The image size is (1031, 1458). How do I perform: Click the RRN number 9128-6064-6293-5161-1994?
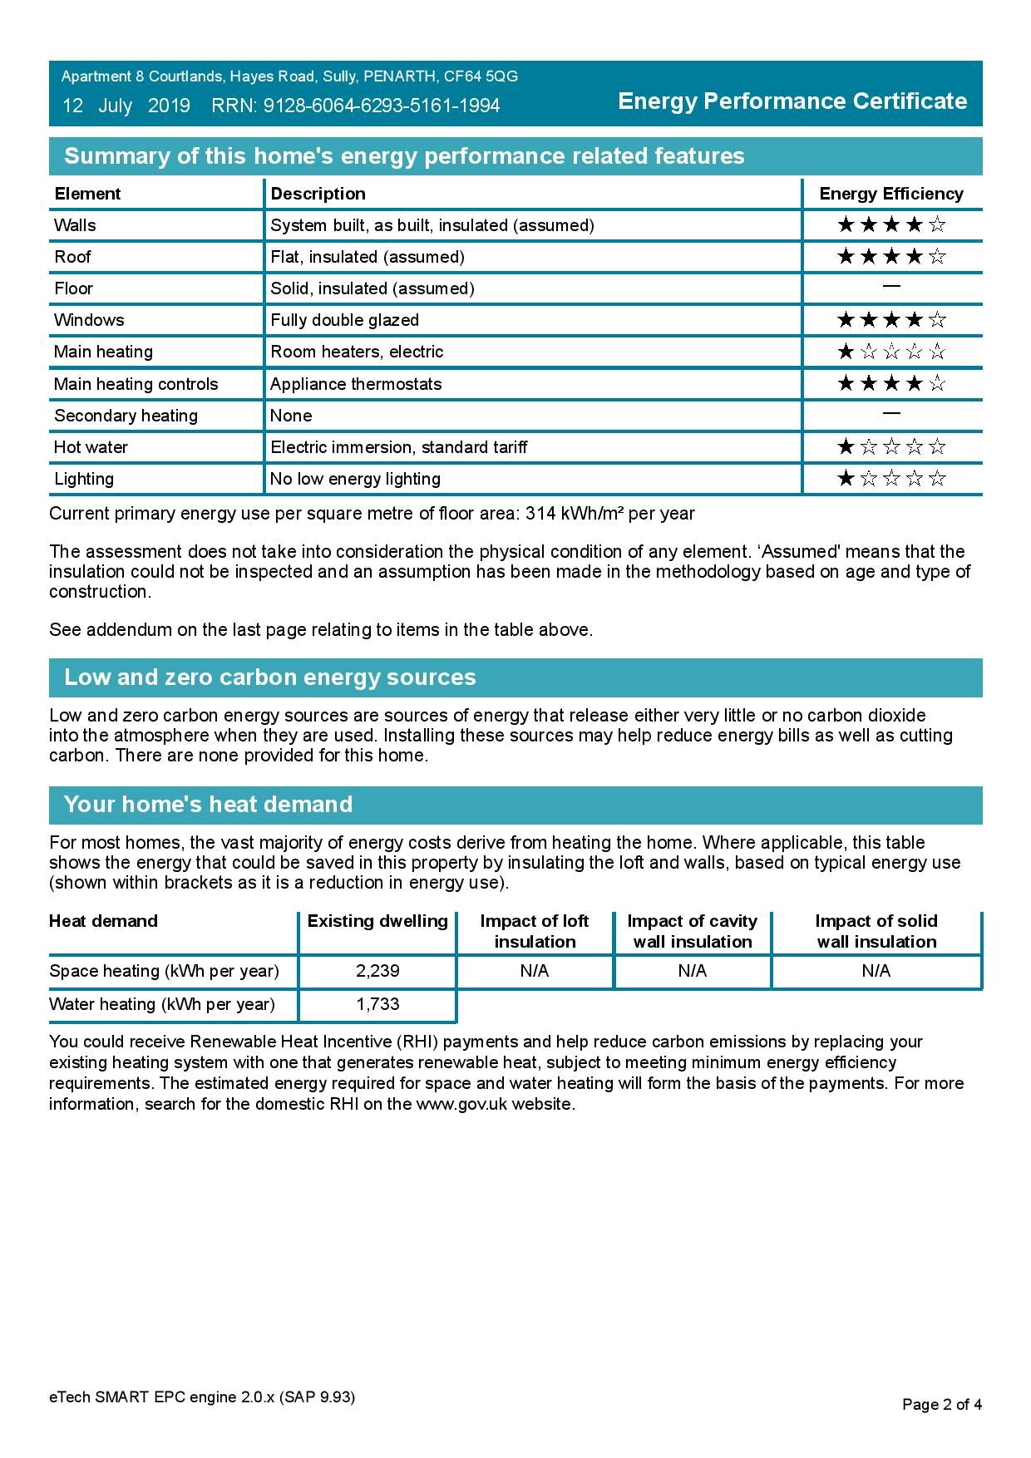click(382, 106)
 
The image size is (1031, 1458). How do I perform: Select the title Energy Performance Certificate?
click(792, 101)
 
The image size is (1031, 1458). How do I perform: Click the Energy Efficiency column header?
click(891, 194)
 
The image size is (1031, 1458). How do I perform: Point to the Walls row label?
click(75, 225)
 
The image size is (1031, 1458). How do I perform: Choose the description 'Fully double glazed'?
click(345, 320)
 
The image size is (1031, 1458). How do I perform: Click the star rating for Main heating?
click(891, 352)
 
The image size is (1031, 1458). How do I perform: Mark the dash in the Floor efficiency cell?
click(891, 287)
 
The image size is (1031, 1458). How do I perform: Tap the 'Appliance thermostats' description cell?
click(356, 384)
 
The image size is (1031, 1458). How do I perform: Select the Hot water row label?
click(91, 447)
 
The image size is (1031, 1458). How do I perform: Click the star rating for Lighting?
click(891, 479)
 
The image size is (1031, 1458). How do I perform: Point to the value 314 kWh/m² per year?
click(610, 514)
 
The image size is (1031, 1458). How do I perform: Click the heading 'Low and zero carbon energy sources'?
click(270, 677)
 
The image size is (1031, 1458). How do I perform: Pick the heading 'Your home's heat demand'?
click(208, 805)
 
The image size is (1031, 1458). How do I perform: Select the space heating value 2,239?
click(377, 971)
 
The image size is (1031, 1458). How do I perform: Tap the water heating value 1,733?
click(377, 1004)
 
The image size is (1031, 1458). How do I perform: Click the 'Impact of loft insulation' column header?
click(535, 931)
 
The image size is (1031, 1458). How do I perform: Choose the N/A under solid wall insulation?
click(876, 971)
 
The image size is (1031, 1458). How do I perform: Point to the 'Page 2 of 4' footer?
click(942, 1405)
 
